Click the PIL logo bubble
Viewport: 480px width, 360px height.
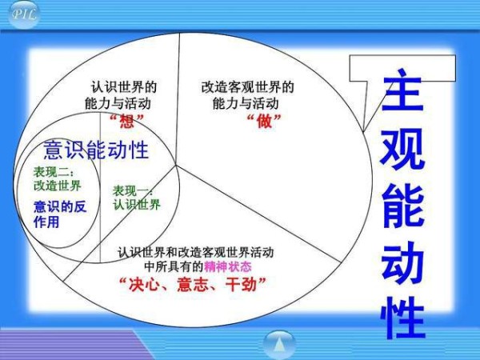point(23,14)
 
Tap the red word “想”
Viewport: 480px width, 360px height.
point(126,122)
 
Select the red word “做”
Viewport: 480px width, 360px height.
point(264,122)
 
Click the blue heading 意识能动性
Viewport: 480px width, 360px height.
point(96,150)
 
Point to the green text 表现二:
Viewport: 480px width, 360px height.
point(54,172)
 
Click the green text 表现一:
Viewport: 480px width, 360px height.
point(133,191)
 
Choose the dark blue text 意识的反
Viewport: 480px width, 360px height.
point(60,207)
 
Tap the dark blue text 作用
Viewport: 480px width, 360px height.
point(46,222)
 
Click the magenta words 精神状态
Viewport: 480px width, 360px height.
point(228,266)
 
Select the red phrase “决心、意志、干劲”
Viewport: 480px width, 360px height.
point(193,284)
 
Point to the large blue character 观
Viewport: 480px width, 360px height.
point(402,149)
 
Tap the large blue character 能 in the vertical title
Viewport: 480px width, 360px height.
point(403,206)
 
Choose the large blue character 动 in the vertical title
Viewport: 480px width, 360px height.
point(402,262)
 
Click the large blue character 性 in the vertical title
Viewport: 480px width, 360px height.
point(403,318)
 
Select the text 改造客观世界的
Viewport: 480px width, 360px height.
point(247,87)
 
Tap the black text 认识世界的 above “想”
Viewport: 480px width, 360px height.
point(124,87)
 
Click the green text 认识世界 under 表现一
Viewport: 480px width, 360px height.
point(137,205)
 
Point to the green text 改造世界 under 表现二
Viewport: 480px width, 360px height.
point(58,186)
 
